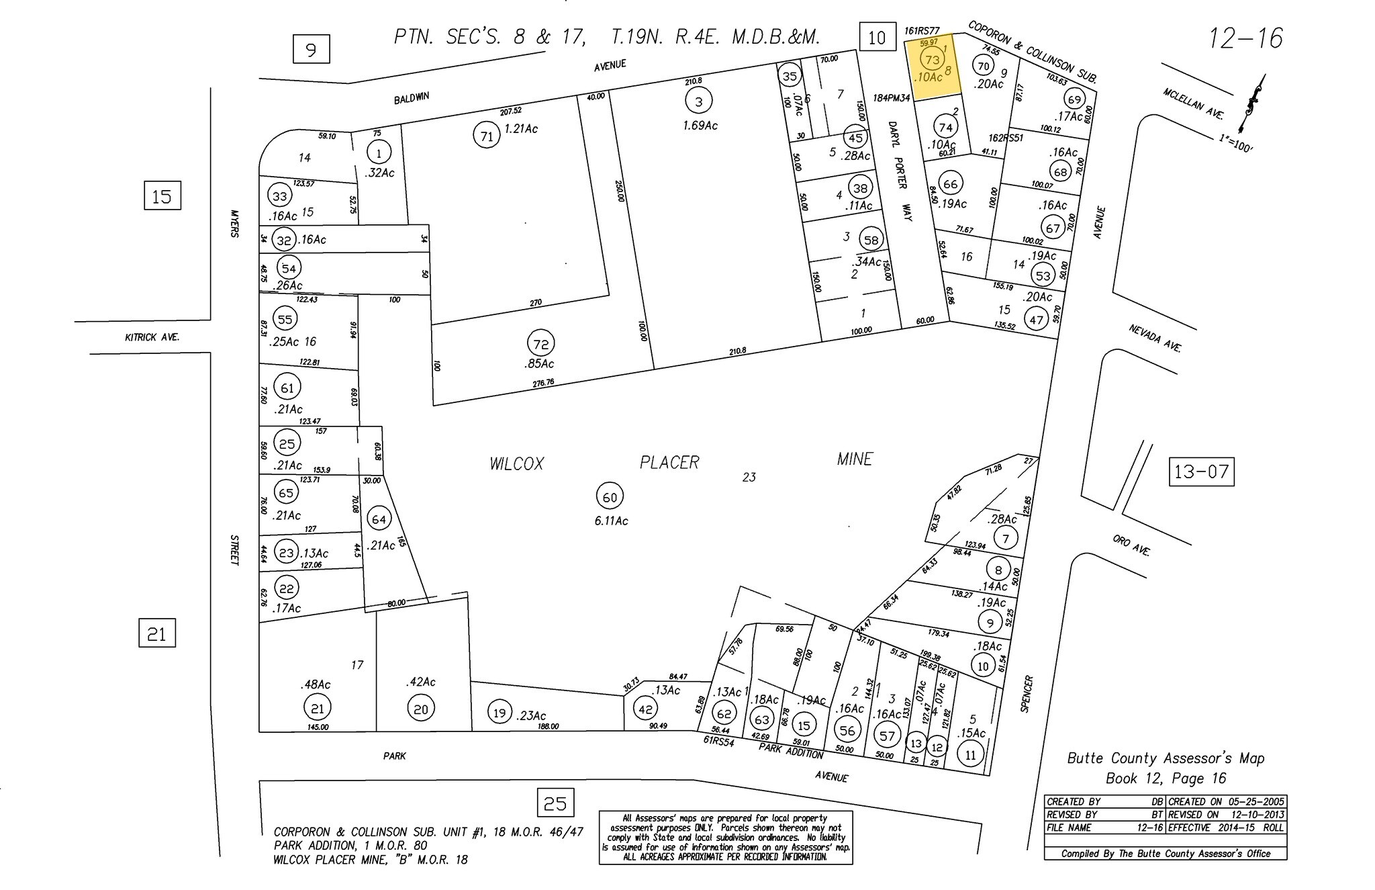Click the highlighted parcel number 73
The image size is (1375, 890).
tap(932, 59)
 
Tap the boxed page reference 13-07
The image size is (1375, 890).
tap(1201, 472)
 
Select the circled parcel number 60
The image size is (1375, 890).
tap(610, 497)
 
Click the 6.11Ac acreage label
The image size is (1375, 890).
tap(611, 521)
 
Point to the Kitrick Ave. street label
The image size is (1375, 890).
tap(152, 337)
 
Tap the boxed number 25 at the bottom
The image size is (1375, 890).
tap(555, 803)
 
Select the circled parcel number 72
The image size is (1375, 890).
tap(540, 344)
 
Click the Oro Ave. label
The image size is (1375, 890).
tap(1131, 545)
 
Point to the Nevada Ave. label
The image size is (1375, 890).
tap(1154, 337)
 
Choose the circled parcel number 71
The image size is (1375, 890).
tap(487, 136)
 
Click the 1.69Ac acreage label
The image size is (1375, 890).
tap(700, 126)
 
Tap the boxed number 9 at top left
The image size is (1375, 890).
tap(311, 50)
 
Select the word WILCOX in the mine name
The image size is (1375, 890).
tap(516, 463)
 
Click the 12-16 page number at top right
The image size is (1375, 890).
tap(1245, 38)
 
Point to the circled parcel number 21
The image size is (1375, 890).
tap(317, 708)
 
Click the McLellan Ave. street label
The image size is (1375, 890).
tap(1193, 104)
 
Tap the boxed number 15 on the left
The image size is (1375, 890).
tap(162, 197)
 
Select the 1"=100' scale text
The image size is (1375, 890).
tap(1235, 142)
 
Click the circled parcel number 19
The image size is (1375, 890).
tap(499, 713)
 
